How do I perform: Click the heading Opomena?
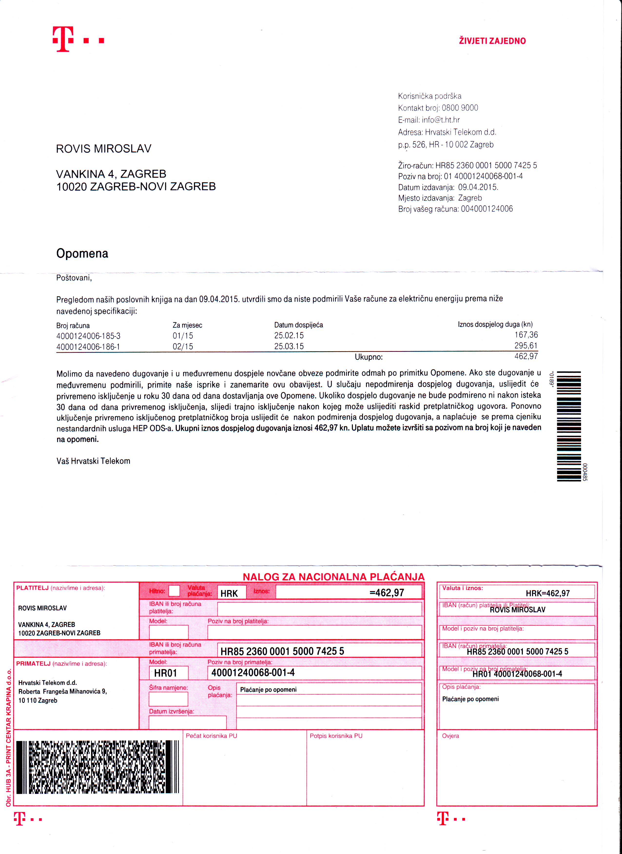pyautogui.click(x=82, y=253)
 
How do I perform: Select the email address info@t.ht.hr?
pyautogui.click(x=441, y=120)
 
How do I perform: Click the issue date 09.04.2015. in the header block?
pyautogui.click(x=478, y=187)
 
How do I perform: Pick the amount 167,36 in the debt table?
pyautogui.click(x=526, y=335)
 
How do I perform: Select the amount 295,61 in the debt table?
pyautogui.click(x=526, y=346)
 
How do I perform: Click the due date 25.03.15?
pyautogui.click(x=289, y=346)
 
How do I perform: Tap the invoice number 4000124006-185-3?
pyautogui.click(x=88, y=336)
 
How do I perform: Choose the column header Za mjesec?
pyautogui.click(x=187, y=325)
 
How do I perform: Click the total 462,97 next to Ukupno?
pyautogui.click(x=526, y=356)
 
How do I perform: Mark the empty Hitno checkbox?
pyautogui.click(x=174, y=591)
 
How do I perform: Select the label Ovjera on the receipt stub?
pyautogui.click(x=450, y=736)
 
